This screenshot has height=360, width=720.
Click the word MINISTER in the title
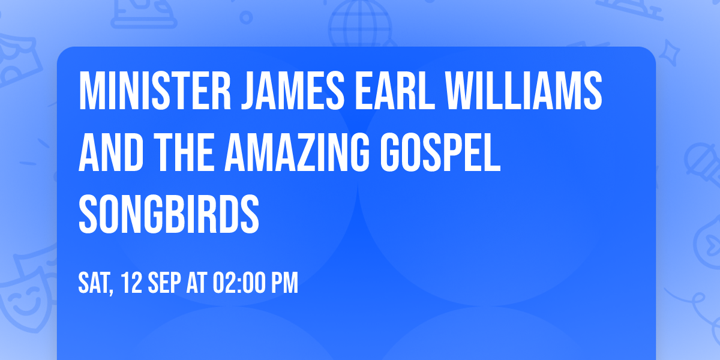tap(153, 90)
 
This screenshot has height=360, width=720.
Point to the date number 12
tap(133, 283)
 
